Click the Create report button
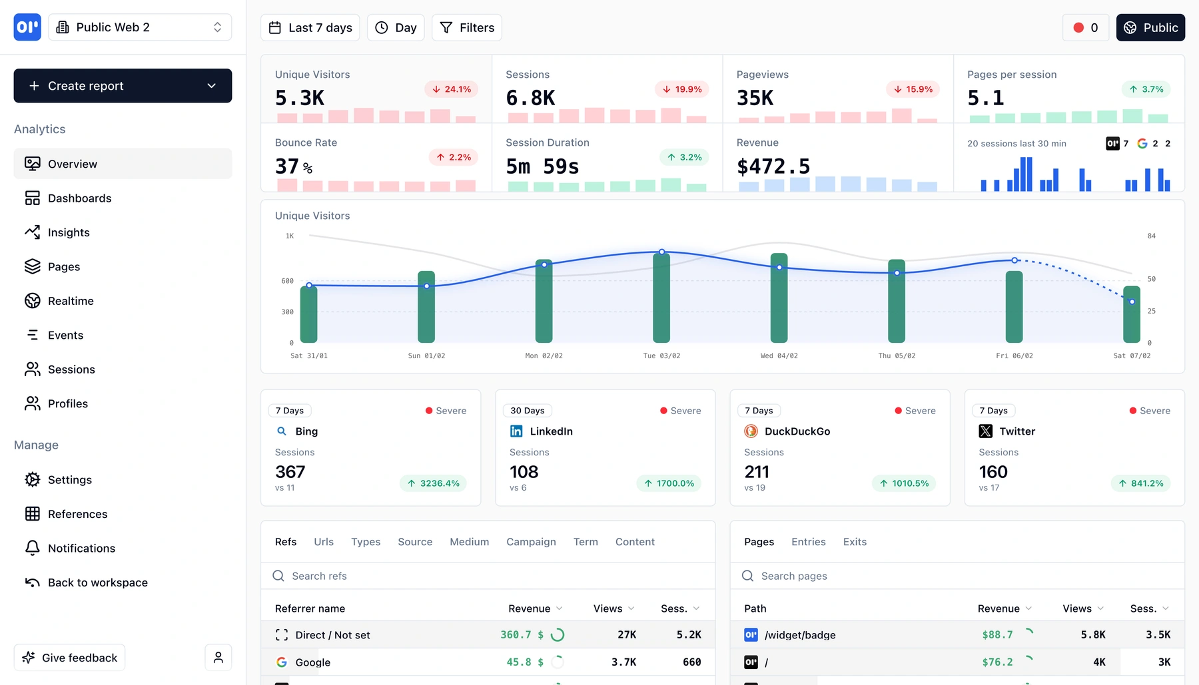pos(123,86)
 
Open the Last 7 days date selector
pos(310,28)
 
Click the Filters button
pos(466,28)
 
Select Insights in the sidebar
pos(69,232)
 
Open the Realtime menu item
pos(71,301)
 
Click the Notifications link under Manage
pos(81,548)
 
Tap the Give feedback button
pos(70,658)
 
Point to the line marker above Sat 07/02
pos(1132,302)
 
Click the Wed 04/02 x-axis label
pos(779,355)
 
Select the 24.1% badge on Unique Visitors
pos(451,89)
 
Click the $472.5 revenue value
pos(773,166)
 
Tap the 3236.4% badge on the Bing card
pos(433,483)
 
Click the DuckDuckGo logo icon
pos(751,431)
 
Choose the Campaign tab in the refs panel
pos(531,542)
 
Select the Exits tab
pos(855,542)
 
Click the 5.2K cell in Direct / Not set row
pos(689,635)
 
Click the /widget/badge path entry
pos(799,635)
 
